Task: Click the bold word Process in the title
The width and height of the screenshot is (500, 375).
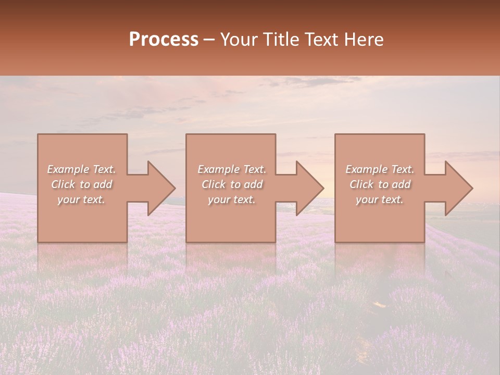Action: [x=164, y=40]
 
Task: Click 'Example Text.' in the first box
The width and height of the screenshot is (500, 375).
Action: [x=81, y=169]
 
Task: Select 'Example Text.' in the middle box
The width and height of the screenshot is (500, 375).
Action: [x=232, y=169]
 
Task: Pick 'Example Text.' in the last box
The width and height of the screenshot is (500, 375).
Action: [x=380, y=169]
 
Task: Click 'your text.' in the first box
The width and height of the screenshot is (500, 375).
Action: [x=81, y=199]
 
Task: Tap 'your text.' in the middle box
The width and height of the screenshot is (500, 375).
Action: [x=232, y=199]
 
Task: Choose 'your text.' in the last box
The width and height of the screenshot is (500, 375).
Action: [x=380, y=199]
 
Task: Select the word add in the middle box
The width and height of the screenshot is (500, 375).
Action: [x=253, y=184]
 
